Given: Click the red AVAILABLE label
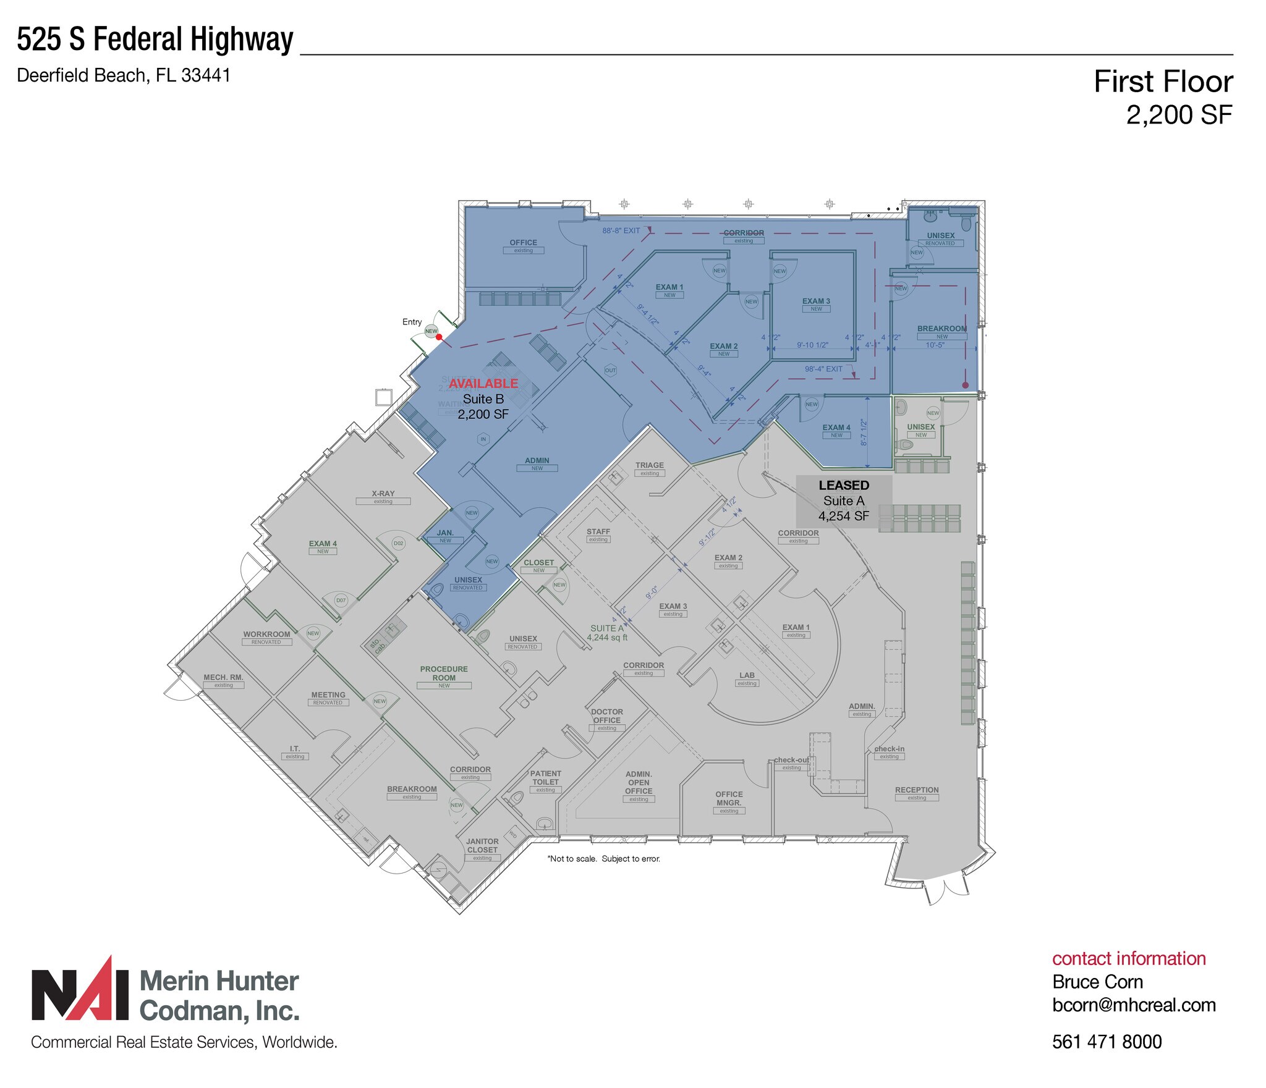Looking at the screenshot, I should [483, 384].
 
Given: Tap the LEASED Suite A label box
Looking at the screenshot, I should [844, 500].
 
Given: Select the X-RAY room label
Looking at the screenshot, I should [383, 494].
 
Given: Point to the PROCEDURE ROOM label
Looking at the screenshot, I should [444, 673].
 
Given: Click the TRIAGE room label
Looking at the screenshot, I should [649, 465].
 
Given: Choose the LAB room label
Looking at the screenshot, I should [747, 675].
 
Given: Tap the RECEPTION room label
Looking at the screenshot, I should [917, 790].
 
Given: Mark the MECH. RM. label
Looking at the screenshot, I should [223, 678].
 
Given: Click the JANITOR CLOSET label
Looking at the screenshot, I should [482, 846].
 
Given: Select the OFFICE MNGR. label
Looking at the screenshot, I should [729, 798].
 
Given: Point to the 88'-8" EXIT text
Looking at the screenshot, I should [621, 230].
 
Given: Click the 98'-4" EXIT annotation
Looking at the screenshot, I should [823, 369].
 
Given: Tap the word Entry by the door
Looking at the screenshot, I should [412, 322].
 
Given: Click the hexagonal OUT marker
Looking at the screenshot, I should [610, 371].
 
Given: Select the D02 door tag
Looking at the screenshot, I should [399, 544].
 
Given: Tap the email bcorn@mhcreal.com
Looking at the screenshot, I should [1134, 1005].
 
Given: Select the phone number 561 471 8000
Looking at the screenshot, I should [1107, 1042].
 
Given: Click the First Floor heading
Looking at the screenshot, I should [1163, 82].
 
